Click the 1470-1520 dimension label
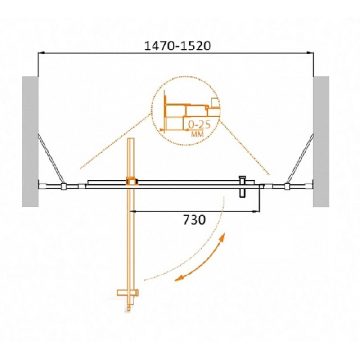[x=177, y=46]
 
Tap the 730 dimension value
[x=194, y=220]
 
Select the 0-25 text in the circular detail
[x=199, y=125]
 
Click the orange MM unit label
[x=197, y=134]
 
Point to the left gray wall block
[x=30, y=142]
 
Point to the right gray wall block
[x=321, y=142]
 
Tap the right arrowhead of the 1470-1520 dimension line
[x=310, y=53]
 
